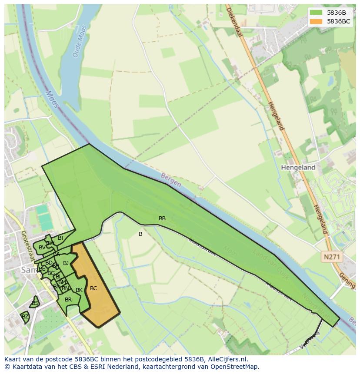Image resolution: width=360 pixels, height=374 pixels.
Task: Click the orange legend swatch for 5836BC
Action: click(x=317, y=21)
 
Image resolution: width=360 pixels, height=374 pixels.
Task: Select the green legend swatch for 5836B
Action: click(x=317, y=13)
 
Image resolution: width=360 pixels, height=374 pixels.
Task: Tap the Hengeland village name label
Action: click(x=298, y=167)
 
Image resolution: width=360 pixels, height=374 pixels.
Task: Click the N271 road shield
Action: click(x=332, y=257)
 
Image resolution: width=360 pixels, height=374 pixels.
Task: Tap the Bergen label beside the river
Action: click(x=170, y=180)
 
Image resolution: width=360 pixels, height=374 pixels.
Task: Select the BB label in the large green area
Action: click(x=162, y=218)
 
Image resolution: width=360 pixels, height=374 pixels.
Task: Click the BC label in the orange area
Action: click(x=93, y=288)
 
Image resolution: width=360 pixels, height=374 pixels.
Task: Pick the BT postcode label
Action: click(x=61, y=238)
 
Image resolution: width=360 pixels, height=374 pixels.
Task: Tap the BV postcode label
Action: click(x=42, y=248)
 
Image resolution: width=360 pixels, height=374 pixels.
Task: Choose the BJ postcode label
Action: click(x=66, y=263)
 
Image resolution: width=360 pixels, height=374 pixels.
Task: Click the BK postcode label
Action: click(x=79, y=290)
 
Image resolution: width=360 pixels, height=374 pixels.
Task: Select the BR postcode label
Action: click(x=68, y=300)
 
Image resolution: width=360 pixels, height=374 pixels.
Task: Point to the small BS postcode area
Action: click(x=35, y=303)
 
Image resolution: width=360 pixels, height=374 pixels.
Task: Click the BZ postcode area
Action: click(x=25, y=317)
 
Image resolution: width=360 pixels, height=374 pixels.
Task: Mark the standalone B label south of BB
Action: click(x=140, y=234)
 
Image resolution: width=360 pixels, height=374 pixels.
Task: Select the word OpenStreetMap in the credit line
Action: click(x=235, y=367)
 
